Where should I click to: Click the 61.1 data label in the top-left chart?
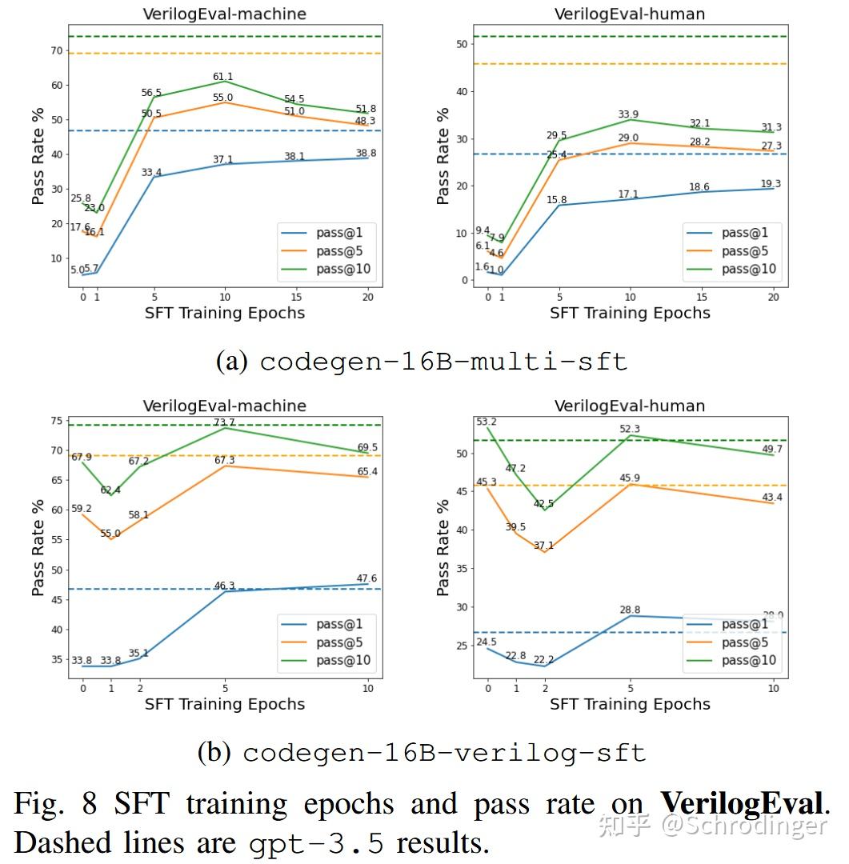point(223,77)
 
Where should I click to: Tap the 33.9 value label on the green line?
point(629,114)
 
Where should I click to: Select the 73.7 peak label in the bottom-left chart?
point(224,422)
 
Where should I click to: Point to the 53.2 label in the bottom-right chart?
point(486,422)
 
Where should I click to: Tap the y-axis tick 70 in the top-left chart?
point(56,50)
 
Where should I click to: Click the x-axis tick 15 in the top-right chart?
point(701,297)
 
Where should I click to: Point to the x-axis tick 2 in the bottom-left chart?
point(139,688)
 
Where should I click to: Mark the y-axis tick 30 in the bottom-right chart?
point(461,607)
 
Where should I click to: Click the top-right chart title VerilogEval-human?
point(630,14)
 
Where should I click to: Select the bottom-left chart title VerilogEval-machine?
point(224,406)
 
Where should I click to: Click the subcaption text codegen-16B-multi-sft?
point(443,362)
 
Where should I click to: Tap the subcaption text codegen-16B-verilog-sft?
point(444,753)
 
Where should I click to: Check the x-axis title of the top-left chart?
point(224,313)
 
